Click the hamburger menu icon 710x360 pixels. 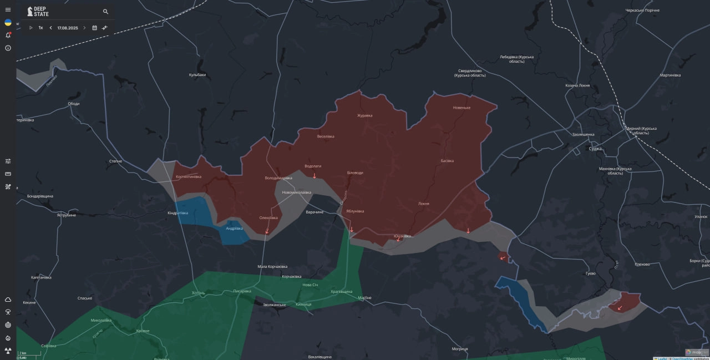[8, 9]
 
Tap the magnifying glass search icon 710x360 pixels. [105, 12]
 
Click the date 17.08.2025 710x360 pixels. [68, 28]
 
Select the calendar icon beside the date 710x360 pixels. [94, 28]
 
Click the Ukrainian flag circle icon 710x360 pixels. [8, 23]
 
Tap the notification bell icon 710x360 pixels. [8, 35]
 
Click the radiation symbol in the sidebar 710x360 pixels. [8, 351]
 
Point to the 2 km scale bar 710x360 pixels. [29, 354]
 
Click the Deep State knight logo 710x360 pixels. [30, 12]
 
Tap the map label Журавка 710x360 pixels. [364, 115]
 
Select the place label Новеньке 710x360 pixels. [461, 108]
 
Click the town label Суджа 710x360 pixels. [595, 149]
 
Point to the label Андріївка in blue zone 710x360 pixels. [235, 228]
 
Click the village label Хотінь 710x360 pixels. [198, 293]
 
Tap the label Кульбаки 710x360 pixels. [197, 75]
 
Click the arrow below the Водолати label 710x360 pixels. [315, 176]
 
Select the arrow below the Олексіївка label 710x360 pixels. [267, 231]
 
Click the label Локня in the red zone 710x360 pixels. [424, 204]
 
